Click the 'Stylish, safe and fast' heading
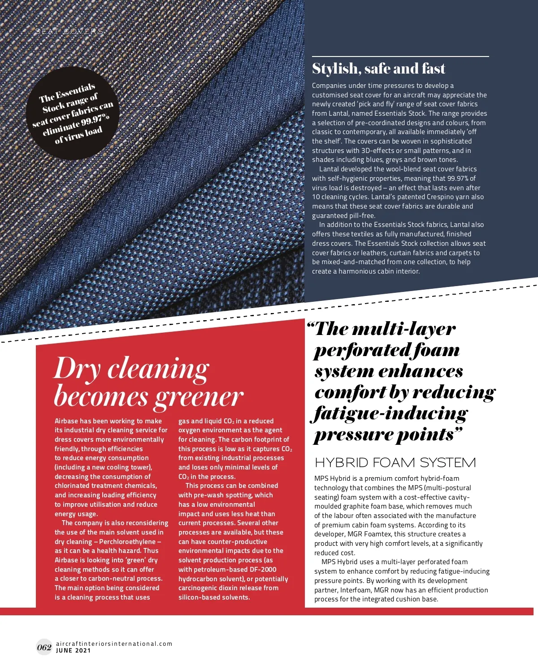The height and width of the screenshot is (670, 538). [378, 69]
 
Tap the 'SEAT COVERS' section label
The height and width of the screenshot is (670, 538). [69, 31]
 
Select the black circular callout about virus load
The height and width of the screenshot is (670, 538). [73, 113]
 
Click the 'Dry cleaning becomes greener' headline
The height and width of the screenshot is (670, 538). [148, 383]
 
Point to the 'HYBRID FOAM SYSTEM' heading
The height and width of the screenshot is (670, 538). [395, 462]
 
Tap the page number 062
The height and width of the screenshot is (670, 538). [44, 647]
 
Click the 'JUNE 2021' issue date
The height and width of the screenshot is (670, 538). [74, 651]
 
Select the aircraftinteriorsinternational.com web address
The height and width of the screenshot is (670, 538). [114, 644]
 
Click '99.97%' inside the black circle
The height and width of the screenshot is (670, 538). [95, 119]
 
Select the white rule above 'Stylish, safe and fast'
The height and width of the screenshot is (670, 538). [400, 57]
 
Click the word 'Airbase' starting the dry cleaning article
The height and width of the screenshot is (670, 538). [66, 421]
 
